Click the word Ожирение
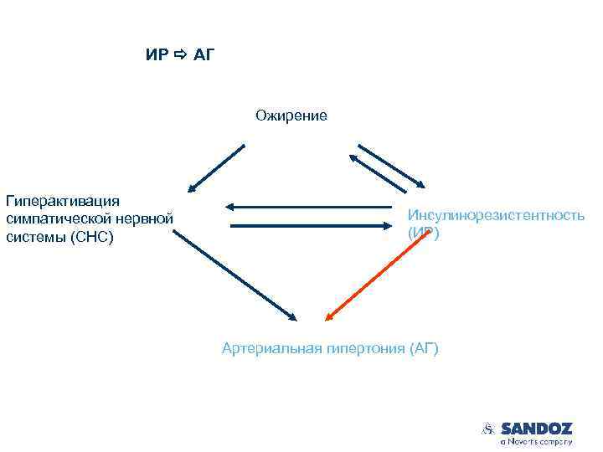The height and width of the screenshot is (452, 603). click(291, 116)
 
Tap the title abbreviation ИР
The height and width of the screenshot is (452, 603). click(157, 55)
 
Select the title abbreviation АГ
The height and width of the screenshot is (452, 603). click(206, 55)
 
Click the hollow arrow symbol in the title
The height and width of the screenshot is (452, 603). click(181, 55)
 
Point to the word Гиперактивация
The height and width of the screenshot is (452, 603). click(63, 201)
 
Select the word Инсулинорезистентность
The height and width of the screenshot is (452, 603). click(496, 215)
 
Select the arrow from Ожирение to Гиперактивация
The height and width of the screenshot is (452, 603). click(216, 168)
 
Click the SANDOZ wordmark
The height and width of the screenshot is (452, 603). click(536, 428)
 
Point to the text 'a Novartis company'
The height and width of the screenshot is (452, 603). click(536, 441)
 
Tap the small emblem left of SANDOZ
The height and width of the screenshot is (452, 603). click(489, 429)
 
